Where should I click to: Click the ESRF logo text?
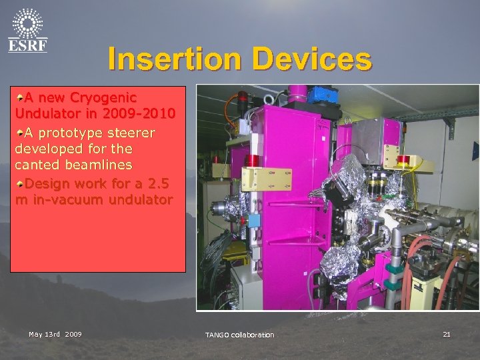pyautogui.click(x=27, y=45)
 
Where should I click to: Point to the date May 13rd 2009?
pyautogui.click(x=55, y=333)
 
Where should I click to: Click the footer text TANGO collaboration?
pyautogui.click(x=239, y=334)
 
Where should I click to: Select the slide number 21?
pyautogui.click(x=447, y=333)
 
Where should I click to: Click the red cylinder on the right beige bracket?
pyautogui.click(x=403, y=159)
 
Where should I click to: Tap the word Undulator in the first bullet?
pyautogui.click(x=45, y=112)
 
